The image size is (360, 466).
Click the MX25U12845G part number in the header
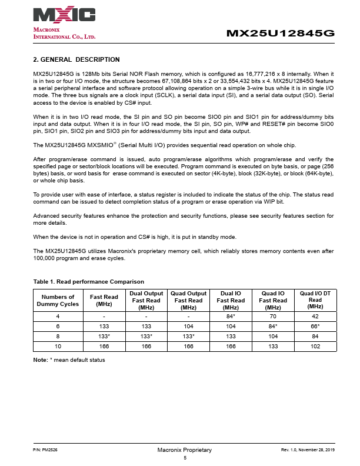pyautogui.click(x=280, y=34)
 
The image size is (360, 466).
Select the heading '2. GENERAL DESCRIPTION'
pyautogui.click(x=76, y=59)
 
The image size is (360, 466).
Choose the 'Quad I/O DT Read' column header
pyautogui.click(x=315, y=299)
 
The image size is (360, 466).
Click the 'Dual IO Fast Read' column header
pyautogui.click(x=231, y=300)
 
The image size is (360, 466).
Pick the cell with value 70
pyautogui.click(x=273, y=317)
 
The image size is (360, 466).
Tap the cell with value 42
pyautogui.click(x=315, y=317)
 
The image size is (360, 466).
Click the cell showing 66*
pyautogui.click(x=315, y=327)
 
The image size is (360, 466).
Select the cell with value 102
pyautogui.click(x=315, y=345)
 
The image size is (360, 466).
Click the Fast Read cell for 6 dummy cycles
pyautogui.click(x=104, y=327)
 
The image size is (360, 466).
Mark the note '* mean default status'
pyautogui.click(x=69, y=360)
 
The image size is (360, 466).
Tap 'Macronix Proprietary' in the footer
pyautogui.click(x=184, y=450)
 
